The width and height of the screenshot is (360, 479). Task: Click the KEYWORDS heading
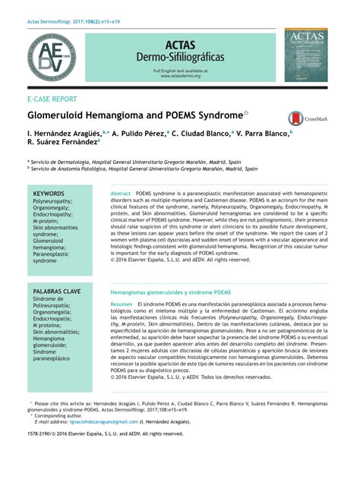[48, 194]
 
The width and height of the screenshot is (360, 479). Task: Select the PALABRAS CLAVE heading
[57, 291]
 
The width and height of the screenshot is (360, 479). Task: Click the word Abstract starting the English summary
[122, 194]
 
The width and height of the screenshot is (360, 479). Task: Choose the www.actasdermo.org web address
[180, 76]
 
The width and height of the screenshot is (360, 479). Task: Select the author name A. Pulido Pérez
[139, 133]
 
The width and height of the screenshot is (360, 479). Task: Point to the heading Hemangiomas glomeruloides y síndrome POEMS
[171, 291]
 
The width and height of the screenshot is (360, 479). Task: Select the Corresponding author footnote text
[61, 415]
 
